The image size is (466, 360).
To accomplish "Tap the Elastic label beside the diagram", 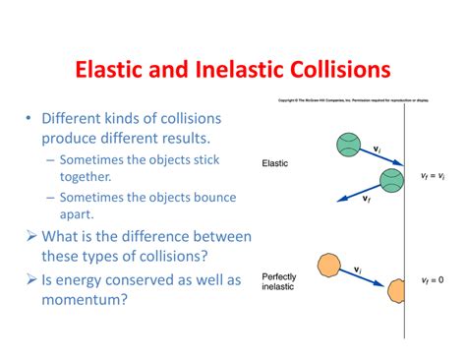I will [275, 163].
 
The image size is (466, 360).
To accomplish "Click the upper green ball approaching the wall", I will [349, 145].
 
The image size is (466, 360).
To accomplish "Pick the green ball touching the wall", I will [392, 179].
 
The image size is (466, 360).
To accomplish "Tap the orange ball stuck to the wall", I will [397, 291].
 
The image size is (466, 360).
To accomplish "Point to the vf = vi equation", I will [432, 176].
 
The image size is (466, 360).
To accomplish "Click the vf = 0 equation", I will [432, 279].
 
